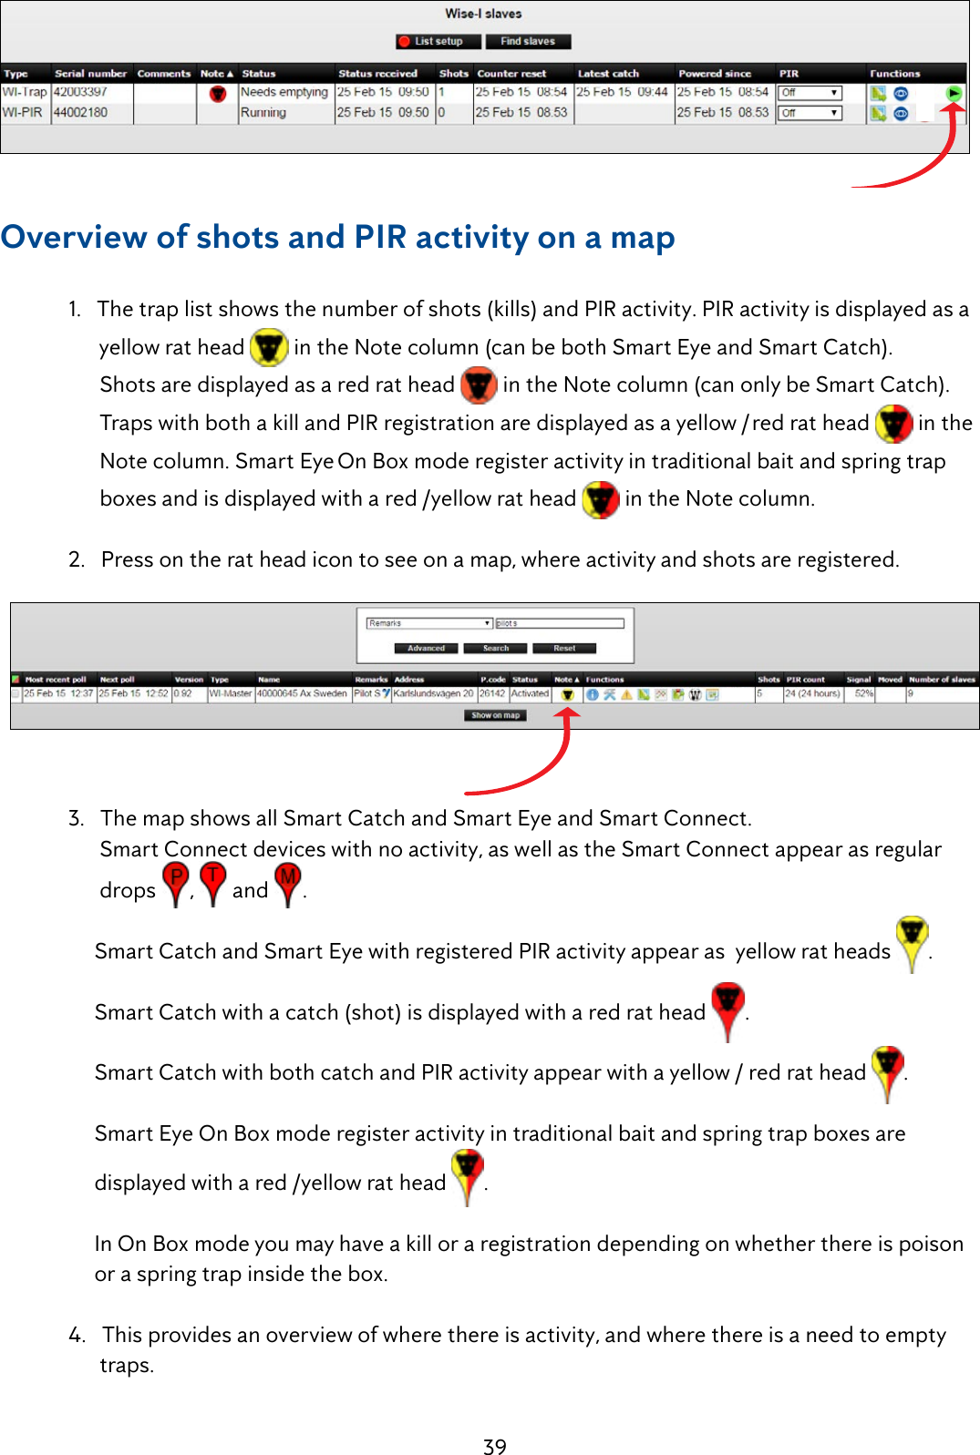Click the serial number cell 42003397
pos(80,92)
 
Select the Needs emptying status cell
pos(284,92)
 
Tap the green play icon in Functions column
pos(954,93)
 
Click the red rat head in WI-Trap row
pos(217,93)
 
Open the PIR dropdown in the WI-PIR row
pos(810,113)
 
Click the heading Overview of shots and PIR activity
pos(337,237)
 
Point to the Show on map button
pos(495,715)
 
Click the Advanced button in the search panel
pos(426,649)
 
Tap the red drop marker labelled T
pos(212,881)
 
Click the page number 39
pos(494,1447)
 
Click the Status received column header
pos(377,74)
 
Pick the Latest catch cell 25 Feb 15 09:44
pos(622,92)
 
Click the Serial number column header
pos(90,74)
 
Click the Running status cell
pos(263,113)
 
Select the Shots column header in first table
pos(453,74)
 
